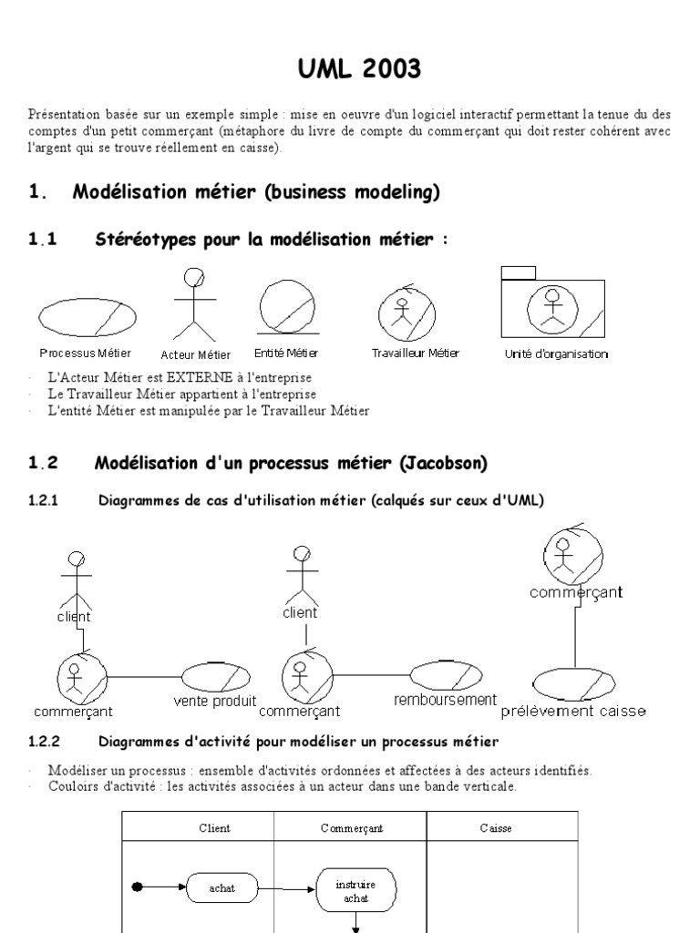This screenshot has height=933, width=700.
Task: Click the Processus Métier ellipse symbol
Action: pyautogui.click(x=87, y=315)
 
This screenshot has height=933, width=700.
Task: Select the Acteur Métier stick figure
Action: pyautogui.click(x=193, y=304)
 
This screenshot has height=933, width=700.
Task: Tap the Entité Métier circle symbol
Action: pyautogui.click(x=286, y=306)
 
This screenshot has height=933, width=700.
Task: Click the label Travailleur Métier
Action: pyautogui.click(x=416, y=353)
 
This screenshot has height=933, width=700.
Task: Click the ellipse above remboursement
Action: pyautogui.click(x=445, y=674)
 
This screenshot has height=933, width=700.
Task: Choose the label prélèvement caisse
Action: pyautogui.click(x=573, y=711)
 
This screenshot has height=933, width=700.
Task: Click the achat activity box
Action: pyautogui.click(x=222, y=887)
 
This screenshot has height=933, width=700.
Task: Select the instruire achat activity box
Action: pyautogui.click(x=355, y=890)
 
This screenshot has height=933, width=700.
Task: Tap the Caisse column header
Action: pyautogui.click(x=496, y=828)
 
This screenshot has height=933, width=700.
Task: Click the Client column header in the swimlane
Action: pyautogui.click(x=214, y=828)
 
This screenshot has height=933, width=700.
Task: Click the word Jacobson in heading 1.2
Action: pyautogui.click(x=445, y=463)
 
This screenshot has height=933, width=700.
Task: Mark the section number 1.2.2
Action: pyautogui.click(x=45, y=741)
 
